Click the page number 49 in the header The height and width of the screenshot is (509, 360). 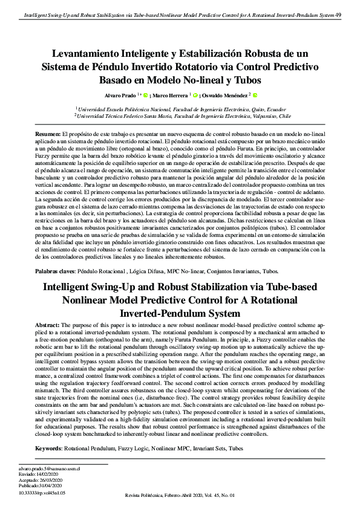338,15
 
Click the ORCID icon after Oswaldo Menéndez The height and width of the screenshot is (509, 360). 255,95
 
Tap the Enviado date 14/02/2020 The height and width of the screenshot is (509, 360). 50,474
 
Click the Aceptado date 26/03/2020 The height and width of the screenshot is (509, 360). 53,479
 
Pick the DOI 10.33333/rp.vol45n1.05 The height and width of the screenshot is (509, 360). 42,493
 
